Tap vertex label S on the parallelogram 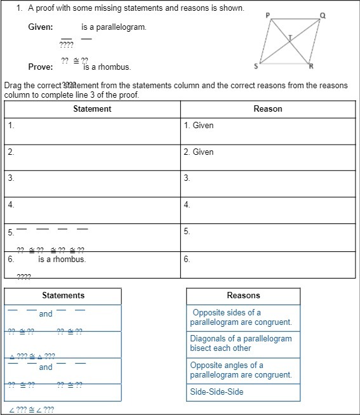click(256, 66)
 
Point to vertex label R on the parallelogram click(310, 67)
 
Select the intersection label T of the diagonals click(290, 37)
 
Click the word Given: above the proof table click(41, 27)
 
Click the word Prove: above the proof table click(41, 67)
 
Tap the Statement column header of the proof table click(92, 109)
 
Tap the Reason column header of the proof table click(267, 109)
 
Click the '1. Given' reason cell click(199, 126)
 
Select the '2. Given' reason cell click(199, 152)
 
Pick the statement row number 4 click(11, 205)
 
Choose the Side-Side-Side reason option click(217, 392)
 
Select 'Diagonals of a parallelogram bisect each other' click(241, 343)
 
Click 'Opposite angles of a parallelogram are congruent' click(241, 370)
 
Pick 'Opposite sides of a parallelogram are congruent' click(241, 317)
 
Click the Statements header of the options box click(63, 296)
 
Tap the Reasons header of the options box click(243, 296)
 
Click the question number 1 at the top click(20, 8)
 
